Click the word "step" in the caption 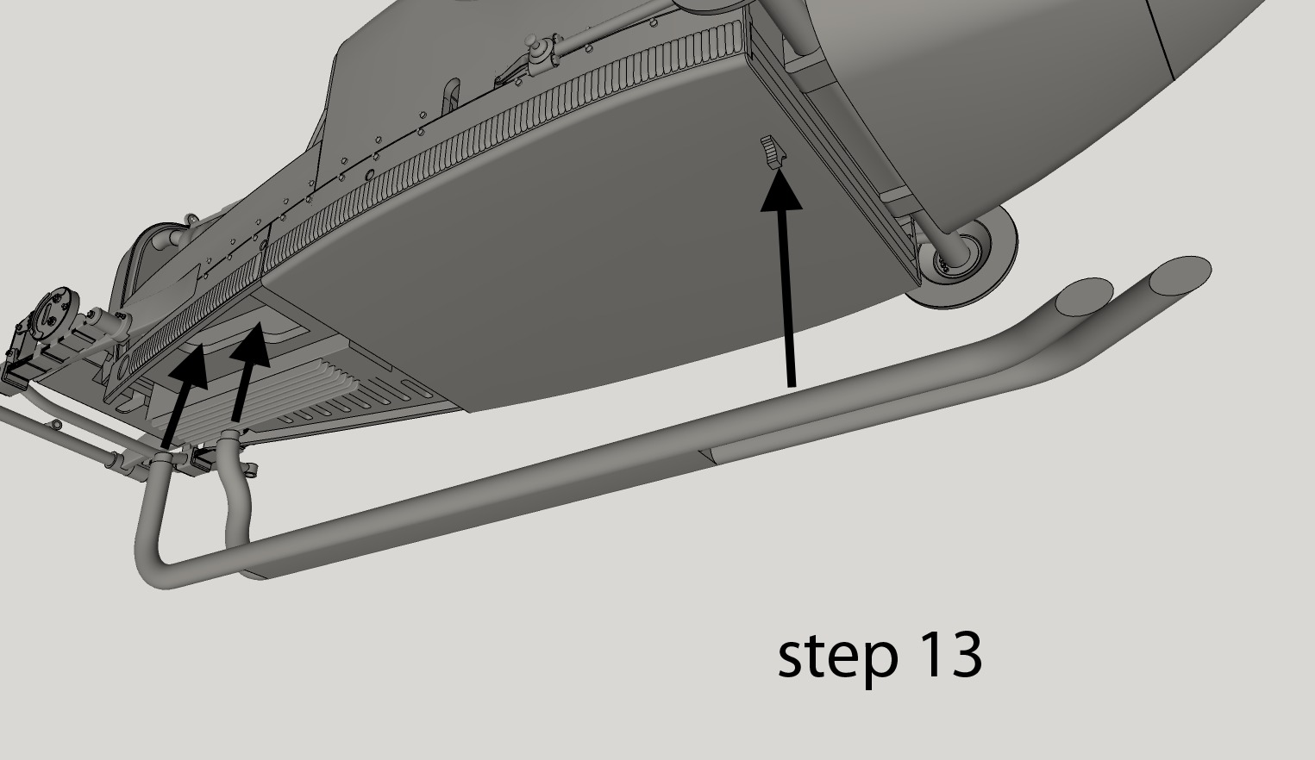(x=823, y=657)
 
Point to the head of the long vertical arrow (x=781, y=190)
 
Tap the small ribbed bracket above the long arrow (x=774, y=152)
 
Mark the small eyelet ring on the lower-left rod (x=57, y=425)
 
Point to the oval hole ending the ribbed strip (x=120, y=367)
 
